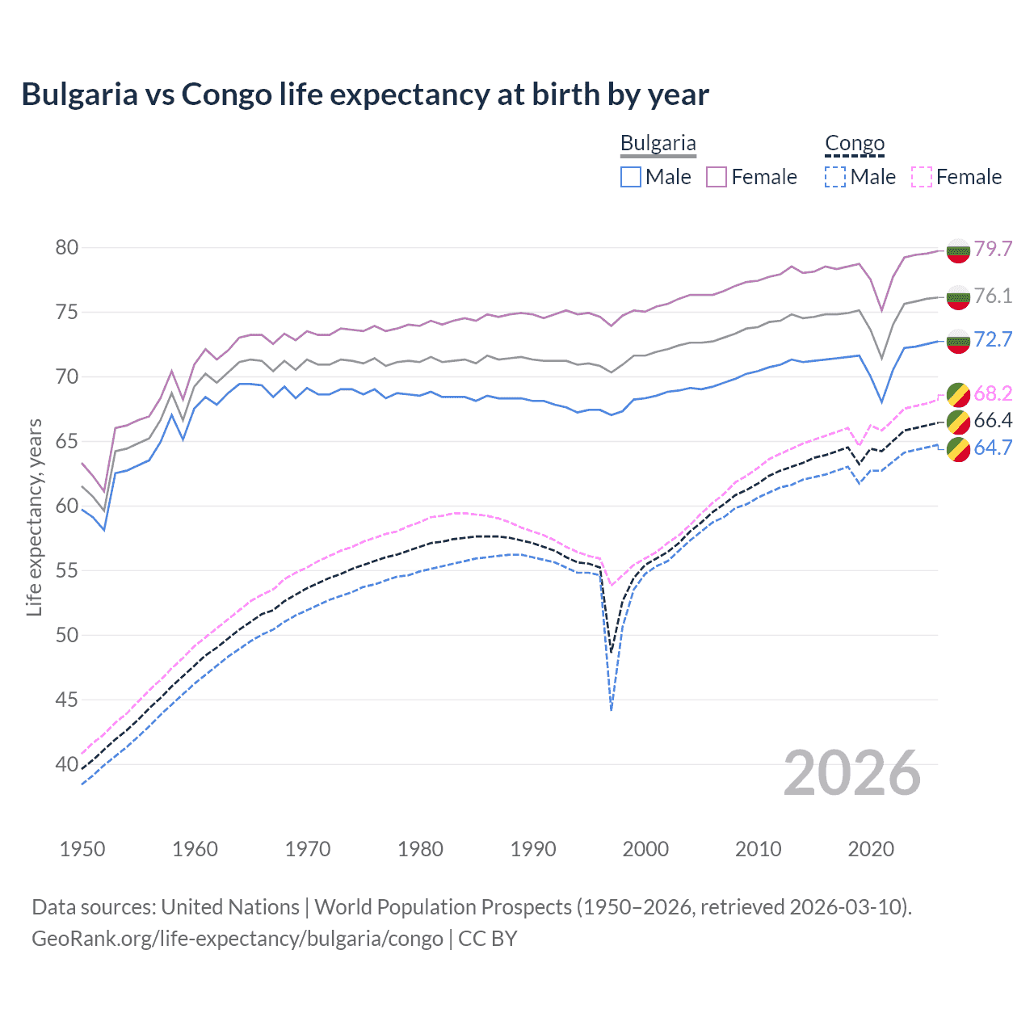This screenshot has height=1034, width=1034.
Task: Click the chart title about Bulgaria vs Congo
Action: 365,95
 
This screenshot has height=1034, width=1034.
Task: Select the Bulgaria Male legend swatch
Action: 631,177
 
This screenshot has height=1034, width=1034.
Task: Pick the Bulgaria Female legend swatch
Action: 717,177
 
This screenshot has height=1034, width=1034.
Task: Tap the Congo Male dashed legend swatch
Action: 835,177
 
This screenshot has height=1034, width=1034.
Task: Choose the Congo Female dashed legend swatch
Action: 922,177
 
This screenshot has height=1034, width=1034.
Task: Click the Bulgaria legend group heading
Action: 658,144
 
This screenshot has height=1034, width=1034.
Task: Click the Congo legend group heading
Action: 855,144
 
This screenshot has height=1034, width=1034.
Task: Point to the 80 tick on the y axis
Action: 67,248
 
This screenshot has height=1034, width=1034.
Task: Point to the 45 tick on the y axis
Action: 67,700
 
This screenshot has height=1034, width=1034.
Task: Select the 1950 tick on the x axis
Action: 82,849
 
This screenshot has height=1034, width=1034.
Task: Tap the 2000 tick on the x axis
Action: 645,849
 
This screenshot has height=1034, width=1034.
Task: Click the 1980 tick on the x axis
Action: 420,849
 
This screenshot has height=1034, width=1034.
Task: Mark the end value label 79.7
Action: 993,249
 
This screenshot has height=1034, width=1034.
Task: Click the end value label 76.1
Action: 993,296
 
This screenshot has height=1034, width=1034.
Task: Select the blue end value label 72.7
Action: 993,339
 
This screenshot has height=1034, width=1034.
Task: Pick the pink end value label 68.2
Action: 993,393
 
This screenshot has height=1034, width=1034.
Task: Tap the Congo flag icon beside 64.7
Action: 958,449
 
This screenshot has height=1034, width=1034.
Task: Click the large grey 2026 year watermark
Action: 852,773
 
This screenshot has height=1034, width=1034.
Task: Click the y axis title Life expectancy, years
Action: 34,517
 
